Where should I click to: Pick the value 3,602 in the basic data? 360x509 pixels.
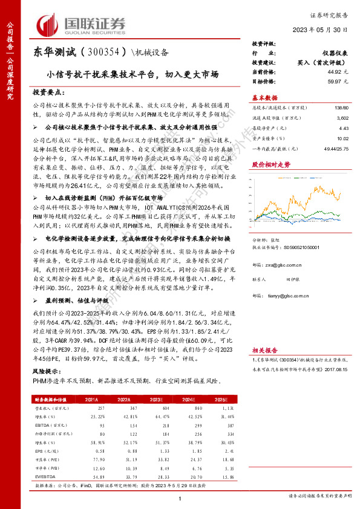coord(342,118)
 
